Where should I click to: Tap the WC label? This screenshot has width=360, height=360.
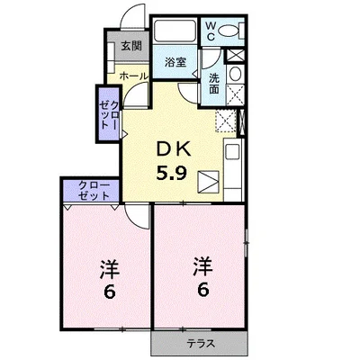pos(211,31)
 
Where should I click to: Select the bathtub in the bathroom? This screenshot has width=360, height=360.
pos(175,31)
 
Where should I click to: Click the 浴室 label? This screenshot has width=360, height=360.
pos(175,62)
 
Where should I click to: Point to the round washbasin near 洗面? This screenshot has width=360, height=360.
pos(235,74)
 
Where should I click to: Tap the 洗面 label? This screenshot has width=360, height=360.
pos(213,84)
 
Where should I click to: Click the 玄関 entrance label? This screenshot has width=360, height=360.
pos(131,46)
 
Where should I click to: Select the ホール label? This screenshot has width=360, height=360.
pos(134,76)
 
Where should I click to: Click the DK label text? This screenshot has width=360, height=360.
pos(174,149)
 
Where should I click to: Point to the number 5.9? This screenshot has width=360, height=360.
pos(172,173)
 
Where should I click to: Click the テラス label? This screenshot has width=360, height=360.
pos(201,343)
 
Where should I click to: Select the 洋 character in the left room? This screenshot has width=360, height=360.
pos(110,269)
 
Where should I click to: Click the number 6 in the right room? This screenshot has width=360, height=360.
pos(202,290)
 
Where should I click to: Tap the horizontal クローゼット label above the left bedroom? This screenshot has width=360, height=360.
pos(94,191)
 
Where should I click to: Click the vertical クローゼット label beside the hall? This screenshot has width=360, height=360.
pos(109,115)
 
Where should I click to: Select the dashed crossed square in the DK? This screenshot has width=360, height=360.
pos(226,121)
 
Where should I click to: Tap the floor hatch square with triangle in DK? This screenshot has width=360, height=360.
pos(208,182)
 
